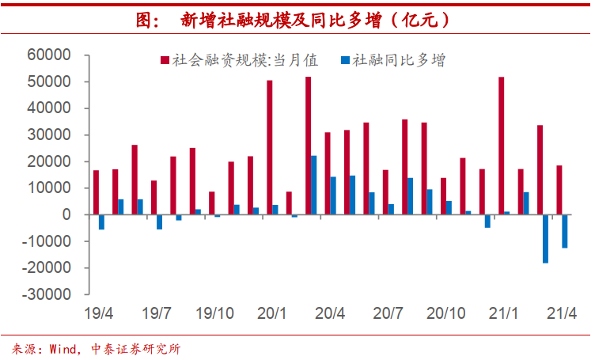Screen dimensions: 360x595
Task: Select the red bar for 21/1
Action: pyautogui.click(x=502, y=146)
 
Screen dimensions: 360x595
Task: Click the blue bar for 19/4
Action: pyautogui.click(x=102, y=222)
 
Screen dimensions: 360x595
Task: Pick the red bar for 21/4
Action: pyautogui.click(x=559, y=190)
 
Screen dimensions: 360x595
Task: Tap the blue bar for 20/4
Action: pyautogui.click(x=333, y=195)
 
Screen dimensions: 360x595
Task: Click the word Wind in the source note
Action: pyautogui.click(x=63, y=348)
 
